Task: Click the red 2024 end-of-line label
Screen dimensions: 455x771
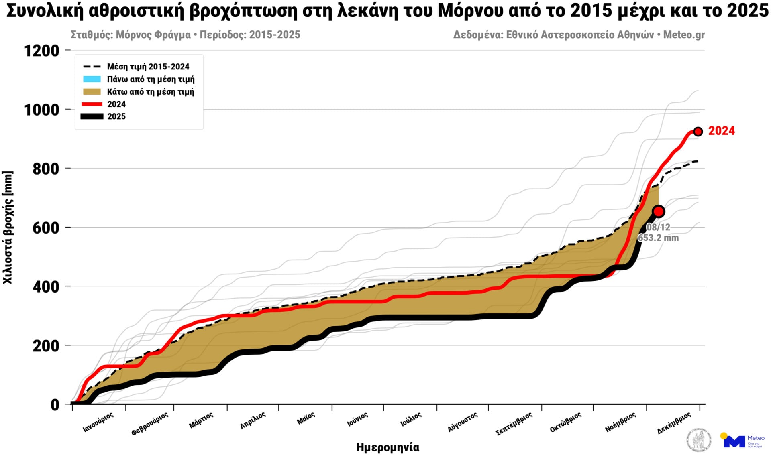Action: coord(721,131)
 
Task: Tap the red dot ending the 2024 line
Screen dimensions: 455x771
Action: coord(698,132)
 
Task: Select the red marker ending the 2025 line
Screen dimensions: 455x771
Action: coord(659,211)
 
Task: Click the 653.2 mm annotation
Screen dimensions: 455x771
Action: coord(658,238)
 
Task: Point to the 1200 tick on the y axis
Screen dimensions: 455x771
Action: coord(42,51)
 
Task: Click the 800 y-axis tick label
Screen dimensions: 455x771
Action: coord(46,169)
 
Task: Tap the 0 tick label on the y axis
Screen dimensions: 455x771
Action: coord(55,405)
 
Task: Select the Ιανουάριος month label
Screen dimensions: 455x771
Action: coord(98,422)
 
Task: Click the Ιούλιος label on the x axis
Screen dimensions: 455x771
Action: coord(411,419)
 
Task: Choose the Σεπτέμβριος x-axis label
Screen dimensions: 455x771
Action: coord(514,424)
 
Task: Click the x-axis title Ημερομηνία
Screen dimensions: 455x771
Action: coord(388,447)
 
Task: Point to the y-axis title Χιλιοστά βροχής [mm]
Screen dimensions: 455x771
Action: coord(8,227)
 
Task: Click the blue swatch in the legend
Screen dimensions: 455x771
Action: coord(92,79)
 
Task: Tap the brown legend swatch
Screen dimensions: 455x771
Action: coord(92,92)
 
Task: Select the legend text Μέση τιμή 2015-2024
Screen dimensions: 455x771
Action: coord(148,67)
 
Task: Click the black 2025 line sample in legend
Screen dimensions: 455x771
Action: coord(92,116)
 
